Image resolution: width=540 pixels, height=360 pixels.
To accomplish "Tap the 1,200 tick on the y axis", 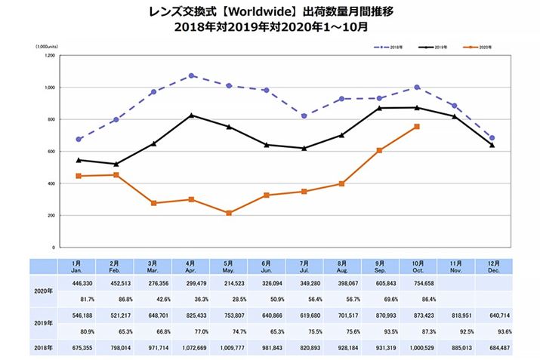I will (x=50, y=56).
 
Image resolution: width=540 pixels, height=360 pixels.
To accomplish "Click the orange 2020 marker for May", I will (x=229, y=213).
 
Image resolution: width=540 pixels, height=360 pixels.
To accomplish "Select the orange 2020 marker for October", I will (x=417, y=127).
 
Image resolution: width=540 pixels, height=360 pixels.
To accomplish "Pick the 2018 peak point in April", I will (x=192, y=75).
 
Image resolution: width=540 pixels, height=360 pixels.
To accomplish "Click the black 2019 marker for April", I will (x=192, y=115).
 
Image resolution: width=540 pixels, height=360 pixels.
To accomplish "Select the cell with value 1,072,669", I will (x=191, y=348).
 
